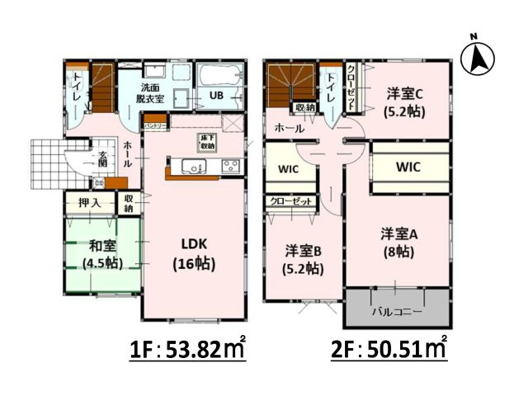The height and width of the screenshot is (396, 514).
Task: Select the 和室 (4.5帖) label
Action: click(x=102, y=254)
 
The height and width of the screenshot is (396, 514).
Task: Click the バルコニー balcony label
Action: click(x=397, y=313)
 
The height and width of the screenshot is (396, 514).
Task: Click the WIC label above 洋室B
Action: click(x=288, y=171)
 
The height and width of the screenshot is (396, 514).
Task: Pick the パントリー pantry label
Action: click(x=155, y=125)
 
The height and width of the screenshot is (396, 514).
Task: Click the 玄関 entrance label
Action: click(x=103, y=159)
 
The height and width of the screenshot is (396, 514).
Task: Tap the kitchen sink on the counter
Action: click(x=192, y=169)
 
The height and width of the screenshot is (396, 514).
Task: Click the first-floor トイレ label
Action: click(x=76, y=87)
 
